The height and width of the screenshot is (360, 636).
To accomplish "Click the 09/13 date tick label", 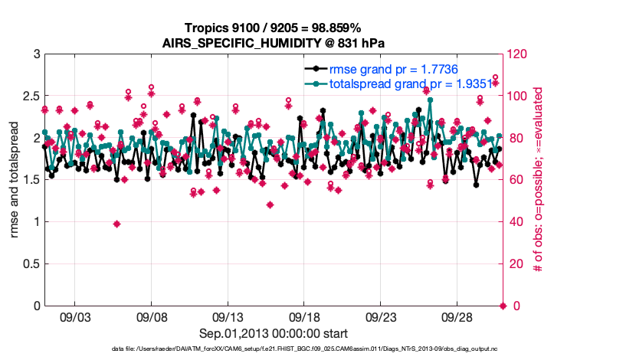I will point(228,317).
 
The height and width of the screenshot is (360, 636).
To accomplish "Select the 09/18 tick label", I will point(304,317).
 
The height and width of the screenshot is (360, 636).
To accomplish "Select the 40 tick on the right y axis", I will point(515,222).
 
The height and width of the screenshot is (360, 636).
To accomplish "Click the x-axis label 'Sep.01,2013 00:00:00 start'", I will point(274,333).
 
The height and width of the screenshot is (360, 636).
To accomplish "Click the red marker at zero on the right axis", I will point(503,306).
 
